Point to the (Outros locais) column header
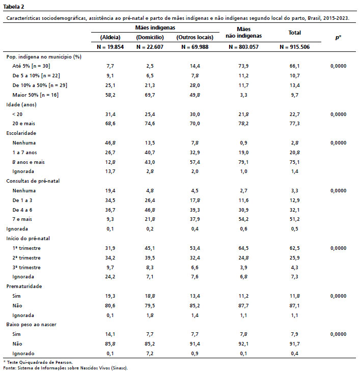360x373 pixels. [194, 38]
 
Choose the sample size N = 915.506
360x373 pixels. [295, 47]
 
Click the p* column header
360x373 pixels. [338, 37]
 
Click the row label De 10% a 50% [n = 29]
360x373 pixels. [39, 85]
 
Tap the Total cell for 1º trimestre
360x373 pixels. [295, 248]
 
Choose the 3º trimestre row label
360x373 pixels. [26, 267]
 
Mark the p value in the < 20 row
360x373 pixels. [338, 114]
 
